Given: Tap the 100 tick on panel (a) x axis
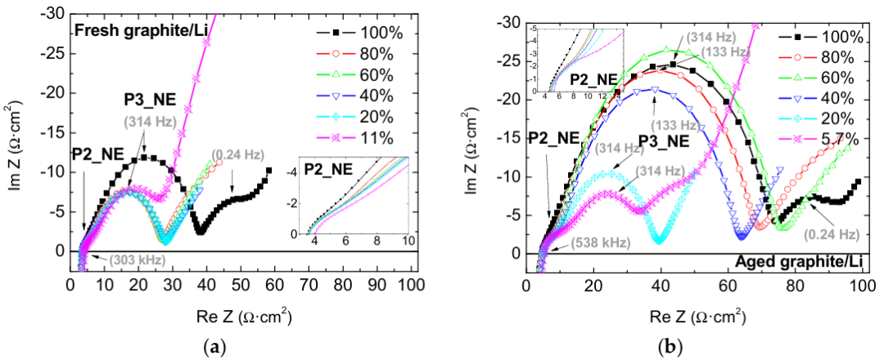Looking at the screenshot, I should click(410, 286).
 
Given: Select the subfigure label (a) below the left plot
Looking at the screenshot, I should click(214, 346).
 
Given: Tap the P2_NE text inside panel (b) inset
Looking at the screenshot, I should click(593, 79).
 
